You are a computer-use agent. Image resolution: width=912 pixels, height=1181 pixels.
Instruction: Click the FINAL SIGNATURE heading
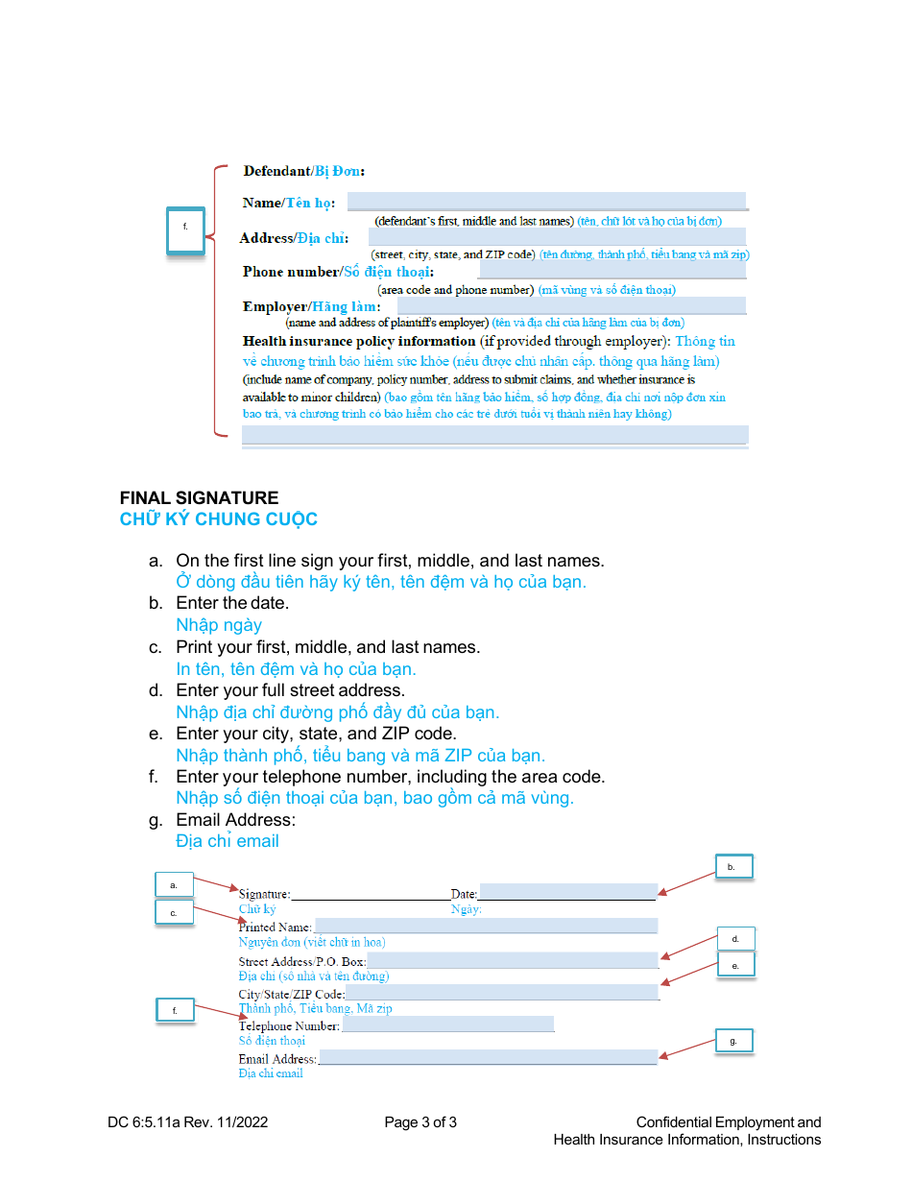pyautogui.click(x=199, y=498)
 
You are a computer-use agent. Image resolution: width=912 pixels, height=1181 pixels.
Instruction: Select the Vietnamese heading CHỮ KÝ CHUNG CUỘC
pyautogui.click(x=218, y=519)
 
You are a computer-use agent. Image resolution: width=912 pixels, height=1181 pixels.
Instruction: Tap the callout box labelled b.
pyautogui.click(x=733, y=867)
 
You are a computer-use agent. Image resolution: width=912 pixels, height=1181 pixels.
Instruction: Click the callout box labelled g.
pyautogui.click(x=734, y=1041)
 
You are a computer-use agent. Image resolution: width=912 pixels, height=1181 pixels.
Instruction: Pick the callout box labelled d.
pyautogui.click(x=735, y=939)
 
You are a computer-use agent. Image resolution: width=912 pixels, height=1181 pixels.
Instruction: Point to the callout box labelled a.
pyautogui.click(x=174, y=884)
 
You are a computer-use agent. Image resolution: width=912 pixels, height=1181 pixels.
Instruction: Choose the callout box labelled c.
pyautogui.click(x=174, y=912)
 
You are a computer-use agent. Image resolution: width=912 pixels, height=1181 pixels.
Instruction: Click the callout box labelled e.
pyautogui.click(x=735, y=965)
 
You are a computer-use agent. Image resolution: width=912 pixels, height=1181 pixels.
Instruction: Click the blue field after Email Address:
pyautogui.click(x=487, y=1057)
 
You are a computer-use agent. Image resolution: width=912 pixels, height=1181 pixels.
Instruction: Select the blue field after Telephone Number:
pyautogui.click(x=447, y=1024)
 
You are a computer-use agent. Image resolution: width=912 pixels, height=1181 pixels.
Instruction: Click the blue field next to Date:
pyautogui.click(x=567, y=892)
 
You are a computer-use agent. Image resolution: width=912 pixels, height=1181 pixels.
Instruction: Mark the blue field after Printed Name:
pyautogui.click(x=485, y=926)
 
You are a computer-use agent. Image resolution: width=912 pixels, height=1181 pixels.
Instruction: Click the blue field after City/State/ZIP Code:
pyautogui.click(x=501, y=992)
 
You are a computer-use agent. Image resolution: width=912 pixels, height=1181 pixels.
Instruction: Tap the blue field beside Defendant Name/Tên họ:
pyautogui.click(x=545, y=201)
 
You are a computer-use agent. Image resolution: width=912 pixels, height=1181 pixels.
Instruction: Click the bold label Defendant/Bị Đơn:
pyautogui.click(x=303, y=172)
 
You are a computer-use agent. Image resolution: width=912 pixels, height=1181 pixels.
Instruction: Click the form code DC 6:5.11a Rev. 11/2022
pyautogui.click(x=188, y=1122)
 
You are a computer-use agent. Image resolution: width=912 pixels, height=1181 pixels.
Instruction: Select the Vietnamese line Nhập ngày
pyautogui.click(x=219, y=625)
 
